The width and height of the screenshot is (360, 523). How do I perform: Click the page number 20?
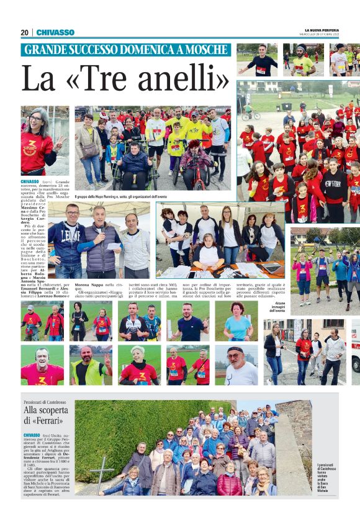pos(24,32)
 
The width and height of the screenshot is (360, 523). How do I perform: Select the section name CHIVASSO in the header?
pos(55,32)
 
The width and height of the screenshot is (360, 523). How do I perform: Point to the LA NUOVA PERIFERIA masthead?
pos(323,30)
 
